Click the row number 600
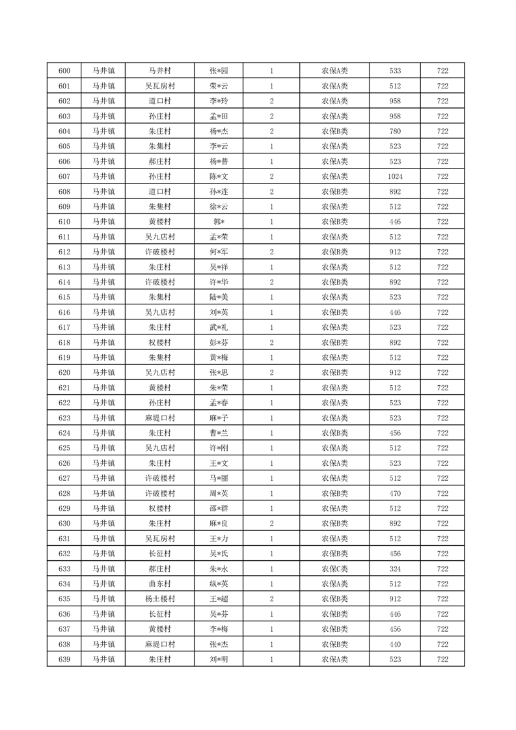pos(64,71)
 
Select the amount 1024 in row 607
pos(395,176)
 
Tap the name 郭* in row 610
pos(219,222)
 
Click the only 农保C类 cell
pos(334,569)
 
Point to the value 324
pos(395,569)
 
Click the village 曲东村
pos(159,584)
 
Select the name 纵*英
pos(219,584)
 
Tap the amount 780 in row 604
pos(395,131)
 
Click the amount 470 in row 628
pos(395,493)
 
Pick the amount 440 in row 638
pos(395,644)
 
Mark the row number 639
pos(64,659)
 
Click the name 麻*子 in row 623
pos(219,418)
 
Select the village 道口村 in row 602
pos(159,101)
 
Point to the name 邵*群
pos(219,509)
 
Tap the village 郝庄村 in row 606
pos(159,161)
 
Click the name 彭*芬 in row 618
pos(219,343)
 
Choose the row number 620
pos(64,373)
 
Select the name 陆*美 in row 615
pos(219,297)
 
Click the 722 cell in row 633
pos(442,569)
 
